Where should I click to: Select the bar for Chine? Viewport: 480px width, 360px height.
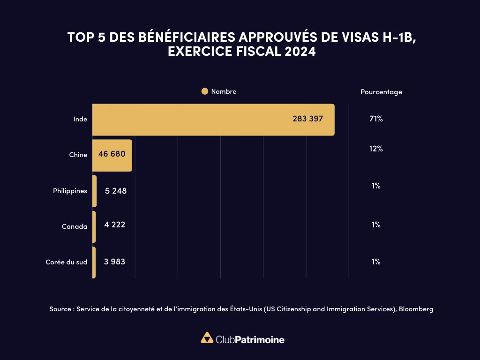point(112,155)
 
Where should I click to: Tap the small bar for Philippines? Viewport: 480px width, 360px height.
point(95,191)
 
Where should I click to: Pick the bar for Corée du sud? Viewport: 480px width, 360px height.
point(94,262)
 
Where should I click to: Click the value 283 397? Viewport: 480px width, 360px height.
point(307,119)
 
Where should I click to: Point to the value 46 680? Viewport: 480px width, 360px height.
point(112,154)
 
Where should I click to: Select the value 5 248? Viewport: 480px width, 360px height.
point(116,191)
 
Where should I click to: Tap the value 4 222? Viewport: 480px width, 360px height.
point(115,225)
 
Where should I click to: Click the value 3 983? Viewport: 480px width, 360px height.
point(114,262)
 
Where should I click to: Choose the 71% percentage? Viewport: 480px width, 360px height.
point(376,119)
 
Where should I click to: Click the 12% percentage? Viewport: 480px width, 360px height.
point(376,149)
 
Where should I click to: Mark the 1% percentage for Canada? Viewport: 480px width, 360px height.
point(376,225)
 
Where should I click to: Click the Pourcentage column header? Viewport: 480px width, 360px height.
point(381,92)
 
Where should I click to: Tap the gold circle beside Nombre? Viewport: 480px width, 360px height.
point(204,92)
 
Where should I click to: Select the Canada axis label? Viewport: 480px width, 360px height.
point(75,226)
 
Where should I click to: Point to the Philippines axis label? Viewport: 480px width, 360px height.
point(70,191)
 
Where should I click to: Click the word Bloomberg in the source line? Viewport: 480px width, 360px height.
point(416,309)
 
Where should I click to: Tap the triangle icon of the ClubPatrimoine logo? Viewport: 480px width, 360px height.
point(207,338)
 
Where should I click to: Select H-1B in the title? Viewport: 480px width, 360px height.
point(397,37)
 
